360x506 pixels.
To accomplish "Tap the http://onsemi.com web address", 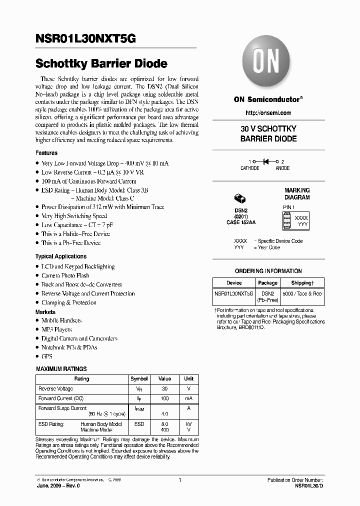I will coord(268,113).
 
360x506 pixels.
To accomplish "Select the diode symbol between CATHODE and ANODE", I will coord(265,161).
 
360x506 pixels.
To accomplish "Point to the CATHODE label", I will coord(250,168).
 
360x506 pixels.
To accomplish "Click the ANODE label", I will coord(282,168).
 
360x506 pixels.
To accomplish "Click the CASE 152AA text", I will coord(240,222).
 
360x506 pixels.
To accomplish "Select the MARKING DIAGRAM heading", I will coord(297,194).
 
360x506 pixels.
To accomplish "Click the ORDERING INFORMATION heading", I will coord(268,271).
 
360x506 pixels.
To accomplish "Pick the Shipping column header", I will coord(302,283).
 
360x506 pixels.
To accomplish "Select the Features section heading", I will coord(46,153).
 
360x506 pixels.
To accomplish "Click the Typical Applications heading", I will coord(61,256).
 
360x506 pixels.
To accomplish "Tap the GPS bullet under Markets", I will coord(47,356).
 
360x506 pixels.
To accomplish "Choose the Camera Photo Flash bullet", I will coord(65,275).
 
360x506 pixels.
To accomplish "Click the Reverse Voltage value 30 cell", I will coord(164,388).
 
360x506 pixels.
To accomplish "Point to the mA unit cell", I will coord(188,398).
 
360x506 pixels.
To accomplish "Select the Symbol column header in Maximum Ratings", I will coord(139,379).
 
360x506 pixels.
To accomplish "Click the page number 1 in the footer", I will coord(179,480).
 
